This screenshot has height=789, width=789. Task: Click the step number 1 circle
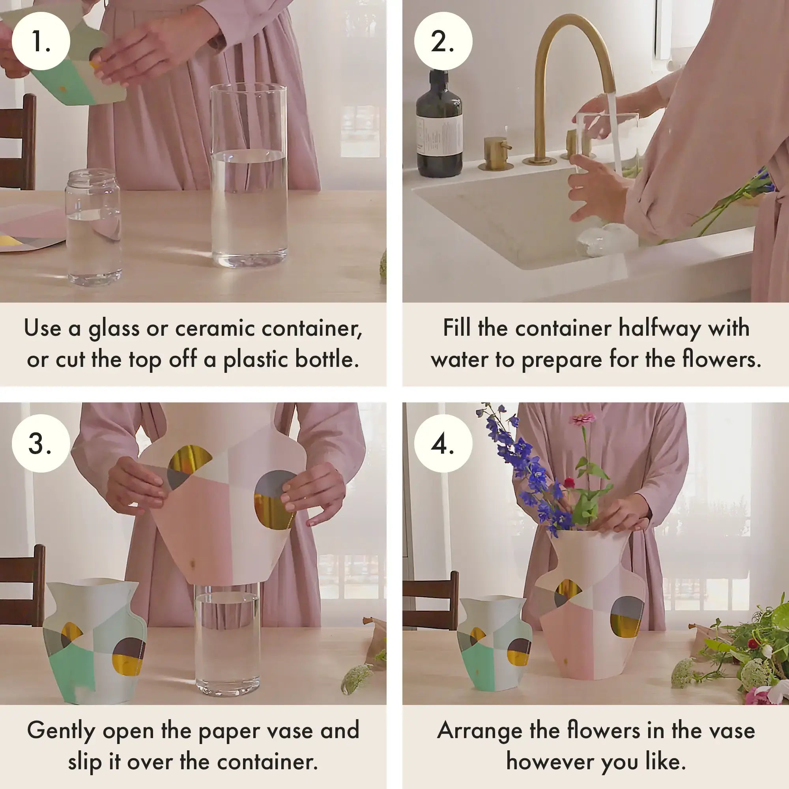pyautogui.click(x=41, y=41)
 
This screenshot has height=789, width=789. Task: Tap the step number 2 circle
pyautogui.click(x=443, y=41)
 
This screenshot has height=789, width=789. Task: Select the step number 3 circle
pyautogui.click(x=41, y=443)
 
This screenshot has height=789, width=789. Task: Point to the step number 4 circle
pyautogui.click(x=443, y=443)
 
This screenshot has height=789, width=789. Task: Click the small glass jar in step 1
pyautogui.click(x=93, y=229)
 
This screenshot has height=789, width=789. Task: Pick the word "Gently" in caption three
pyautogui.click(x=61, y=731)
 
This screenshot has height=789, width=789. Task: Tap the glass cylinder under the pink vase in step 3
pyautogui.click(x=227, y=641)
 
